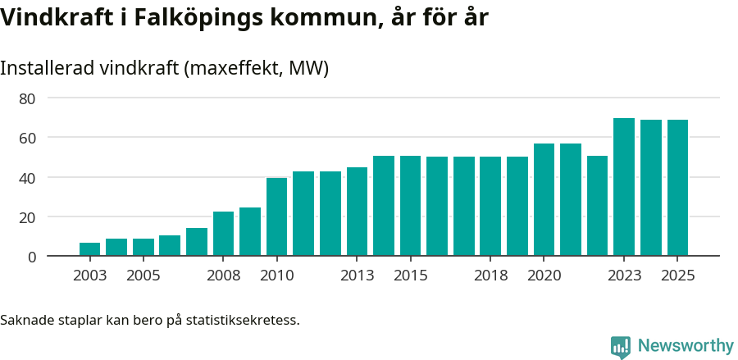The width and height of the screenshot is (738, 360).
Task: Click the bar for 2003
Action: (89, 249)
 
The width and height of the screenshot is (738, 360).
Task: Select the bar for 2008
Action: (223, 234)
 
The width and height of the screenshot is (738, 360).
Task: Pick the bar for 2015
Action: (410, 206)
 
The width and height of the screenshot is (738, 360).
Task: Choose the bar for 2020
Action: (544, 200)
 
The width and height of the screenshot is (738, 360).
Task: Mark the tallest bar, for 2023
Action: (624, 187)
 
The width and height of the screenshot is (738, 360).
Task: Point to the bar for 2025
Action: (677, 188)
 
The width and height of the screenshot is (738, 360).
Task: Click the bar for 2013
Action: (357, 212)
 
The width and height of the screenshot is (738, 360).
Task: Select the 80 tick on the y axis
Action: (28, 98)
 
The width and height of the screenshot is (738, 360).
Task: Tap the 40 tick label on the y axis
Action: (28, 178)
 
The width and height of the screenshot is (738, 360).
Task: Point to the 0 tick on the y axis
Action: (32, 257)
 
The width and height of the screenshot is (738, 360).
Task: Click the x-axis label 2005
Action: (143, 276)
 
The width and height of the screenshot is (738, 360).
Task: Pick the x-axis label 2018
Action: (490, 276)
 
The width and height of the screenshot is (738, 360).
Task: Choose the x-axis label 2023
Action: (624, 276)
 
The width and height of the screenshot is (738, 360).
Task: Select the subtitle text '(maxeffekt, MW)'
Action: (257, 68)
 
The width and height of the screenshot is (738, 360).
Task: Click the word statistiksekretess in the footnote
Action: (243, 319)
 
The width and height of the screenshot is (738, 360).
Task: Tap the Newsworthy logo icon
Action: (621, 347)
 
